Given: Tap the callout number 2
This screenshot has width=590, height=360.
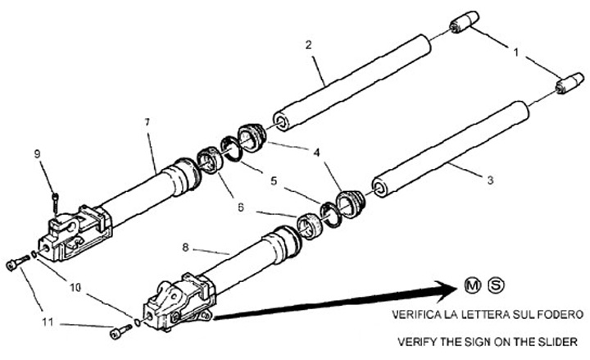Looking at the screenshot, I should click(307, 43).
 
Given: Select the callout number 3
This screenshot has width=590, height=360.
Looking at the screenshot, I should click(488, 180).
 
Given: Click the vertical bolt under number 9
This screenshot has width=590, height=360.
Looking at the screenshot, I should click(54, 202).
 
